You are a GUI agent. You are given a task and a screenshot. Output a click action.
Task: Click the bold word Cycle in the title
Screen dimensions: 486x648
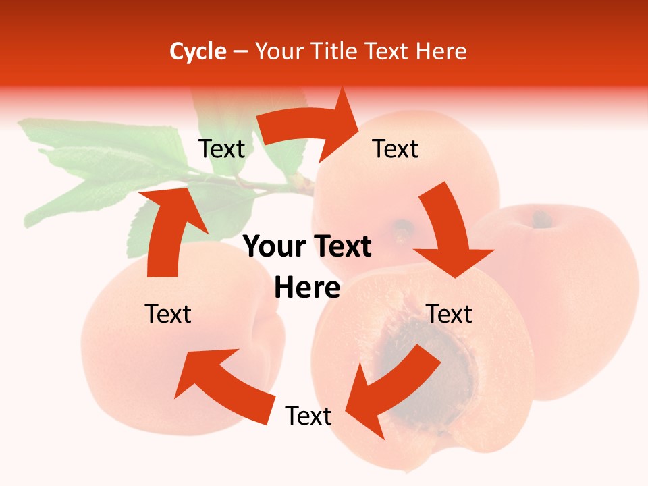point(198,51)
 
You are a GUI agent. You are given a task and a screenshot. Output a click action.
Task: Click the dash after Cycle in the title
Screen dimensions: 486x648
point(240,52)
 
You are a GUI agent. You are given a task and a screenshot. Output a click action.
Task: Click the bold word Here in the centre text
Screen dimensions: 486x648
point(307,288)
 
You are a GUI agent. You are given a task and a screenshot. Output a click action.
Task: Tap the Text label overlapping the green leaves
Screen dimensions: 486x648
point(221,148)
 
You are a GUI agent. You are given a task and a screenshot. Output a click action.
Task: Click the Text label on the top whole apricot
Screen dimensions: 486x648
point(396,148)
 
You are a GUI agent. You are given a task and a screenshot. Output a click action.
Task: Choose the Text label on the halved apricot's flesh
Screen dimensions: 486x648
point(450,314)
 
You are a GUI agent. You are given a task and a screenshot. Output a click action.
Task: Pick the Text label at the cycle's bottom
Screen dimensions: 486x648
point(308,416)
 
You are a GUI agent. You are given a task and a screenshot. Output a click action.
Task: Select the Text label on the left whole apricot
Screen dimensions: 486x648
point(168,314)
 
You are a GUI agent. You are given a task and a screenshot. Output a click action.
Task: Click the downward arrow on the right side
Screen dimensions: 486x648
point(448,230)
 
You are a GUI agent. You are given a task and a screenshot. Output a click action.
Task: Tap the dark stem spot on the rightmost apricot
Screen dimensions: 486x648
point(541,219)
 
